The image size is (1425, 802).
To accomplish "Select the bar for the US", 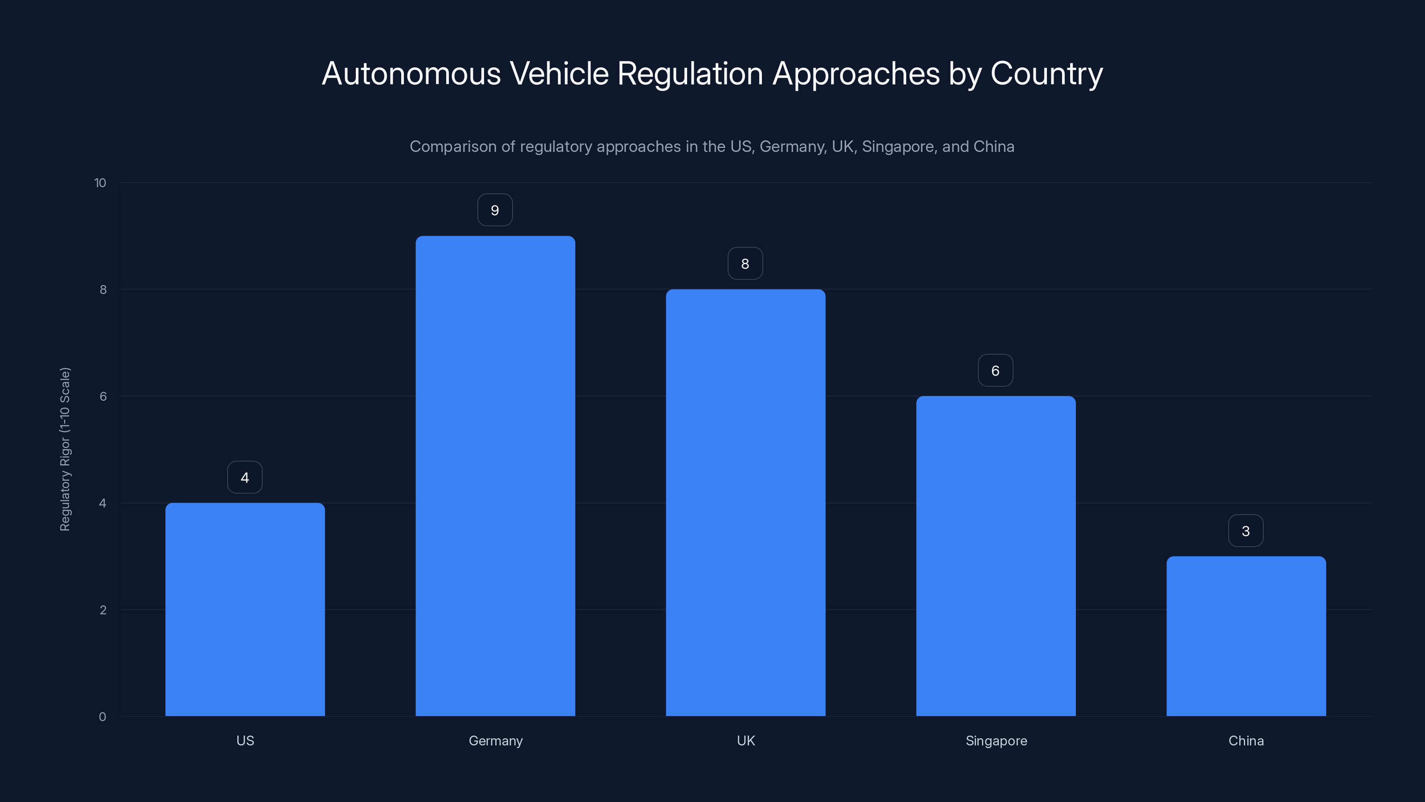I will click(x=245, y=609).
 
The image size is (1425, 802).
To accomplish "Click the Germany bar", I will click(x=495, y=476).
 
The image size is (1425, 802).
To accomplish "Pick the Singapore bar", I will click(x=996, y=556).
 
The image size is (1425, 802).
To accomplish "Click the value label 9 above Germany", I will click(x=495, y=210).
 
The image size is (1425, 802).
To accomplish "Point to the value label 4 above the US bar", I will click(x=245, y=478).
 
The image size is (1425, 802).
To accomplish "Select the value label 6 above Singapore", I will click(x=996, y=371).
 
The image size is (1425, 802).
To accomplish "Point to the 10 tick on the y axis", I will click(x=100, y=183).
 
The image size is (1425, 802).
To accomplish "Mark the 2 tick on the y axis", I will click(x=103, y=610).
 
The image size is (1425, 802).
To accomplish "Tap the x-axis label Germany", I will click(x=495, y=741).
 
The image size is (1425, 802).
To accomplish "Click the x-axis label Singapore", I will click(x=996, y=741).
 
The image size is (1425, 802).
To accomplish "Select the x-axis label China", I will click(x=1246, y=741).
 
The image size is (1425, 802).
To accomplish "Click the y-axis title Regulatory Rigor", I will click(x=65, y=449).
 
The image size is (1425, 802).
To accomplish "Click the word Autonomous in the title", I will click(x=411, y=74).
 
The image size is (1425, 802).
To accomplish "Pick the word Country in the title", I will click(x=1046, y=74).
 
